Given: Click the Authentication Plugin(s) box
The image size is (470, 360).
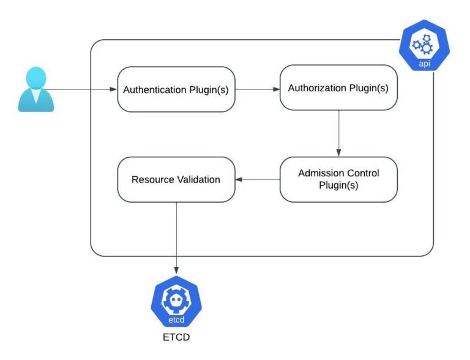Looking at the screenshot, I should (176, 89).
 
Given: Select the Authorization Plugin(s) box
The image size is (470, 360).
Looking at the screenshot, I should (338, 88).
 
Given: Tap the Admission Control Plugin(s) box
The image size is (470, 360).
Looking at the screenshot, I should (338, 179).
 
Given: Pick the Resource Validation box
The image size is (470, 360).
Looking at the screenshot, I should (176, 179).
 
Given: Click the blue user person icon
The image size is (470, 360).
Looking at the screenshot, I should (36, 90).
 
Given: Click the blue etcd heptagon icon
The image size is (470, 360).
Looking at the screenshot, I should (176, 304).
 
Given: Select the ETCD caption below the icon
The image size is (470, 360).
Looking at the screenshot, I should (176, 337).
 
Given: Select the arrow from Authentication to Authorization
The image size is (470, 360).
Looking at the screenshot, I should (257, 89).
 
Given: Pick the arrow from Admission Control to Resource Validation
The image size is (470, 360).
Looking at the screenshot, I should (258, 179).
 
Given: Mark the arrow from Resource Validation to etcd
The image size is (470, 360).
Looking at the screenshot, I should (176, 239).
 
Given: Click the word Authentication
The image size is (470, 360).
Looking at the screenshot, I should (155, 89).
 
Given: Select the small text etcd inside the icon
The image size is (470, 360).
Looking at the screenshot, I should (176, 319).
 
